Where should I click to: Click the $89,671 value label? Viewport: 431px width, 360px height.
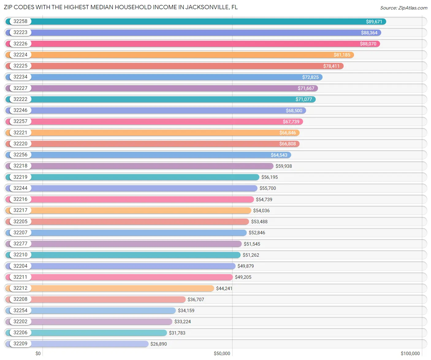(374, 22)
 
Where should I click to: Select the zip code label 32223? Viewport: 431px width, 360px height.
(20, 33)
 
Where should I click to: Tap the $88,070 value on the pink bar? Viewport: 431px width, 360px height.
(368, 44)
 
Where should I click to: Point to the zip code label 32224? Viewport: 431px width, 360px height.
(20, 55)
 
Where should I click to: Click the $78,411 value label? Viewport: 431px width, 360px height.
(331, 66)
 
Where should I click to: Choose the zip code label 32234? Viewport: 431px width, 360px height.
(20, 77)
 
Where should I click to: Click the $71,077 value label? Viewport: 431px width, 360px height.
(303, 99)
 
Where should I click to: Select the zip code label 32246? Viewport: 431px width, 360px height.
(20, 110)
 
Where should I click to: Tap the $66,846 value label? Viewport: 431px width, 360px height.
(288, 133)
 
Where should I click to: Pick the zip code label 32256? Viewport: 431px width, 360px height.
(20, 155)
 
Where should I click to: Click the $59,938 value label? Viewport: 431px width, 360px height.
(284, 166)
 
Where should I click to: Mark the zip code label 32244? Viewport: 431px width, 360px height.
(20, 188)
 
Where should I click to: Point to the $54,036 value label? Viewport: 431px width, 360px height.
(261, 211)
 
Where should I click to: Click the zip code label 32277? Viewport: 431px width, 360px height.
(20, 244)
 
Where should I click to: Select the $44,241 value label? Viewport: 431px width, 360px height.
(224, 289)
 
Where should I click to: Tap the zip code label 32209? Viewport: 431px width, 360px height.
(20, 344)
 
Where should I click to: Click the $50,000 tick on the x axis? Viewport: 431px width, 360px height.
(222, 354)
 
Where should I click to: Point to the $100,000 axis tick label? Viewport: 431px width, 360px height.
(410, 354)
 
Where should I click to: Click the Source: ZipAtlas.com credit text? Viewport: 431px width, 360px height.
(403, 8)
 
